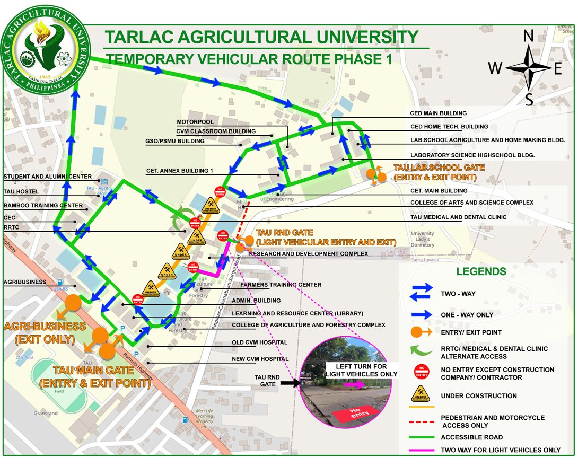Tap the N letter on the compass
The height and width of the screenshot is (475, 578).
(528, 36)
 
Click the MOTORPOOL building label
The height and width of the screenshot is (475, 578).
(194, 121)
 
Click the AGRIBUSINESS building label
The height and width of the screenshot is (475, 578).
(25, 282)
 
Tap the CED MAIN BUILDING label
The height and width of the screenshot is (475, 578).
(439, 113)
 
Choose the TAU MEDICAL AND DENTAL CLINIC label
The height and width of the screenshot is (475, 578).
(458, 217)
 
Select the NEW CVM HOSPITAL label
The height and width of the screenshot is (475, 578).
(260, 359)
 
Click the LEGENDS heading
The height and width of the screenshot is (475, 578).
(481, 271)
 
